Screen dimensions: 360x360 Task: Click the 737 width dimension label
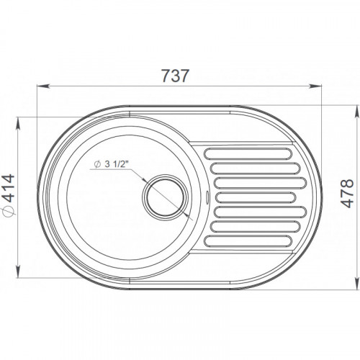tap(176, 76)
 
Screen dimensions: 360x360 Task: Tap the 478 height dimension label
tap(347, 193)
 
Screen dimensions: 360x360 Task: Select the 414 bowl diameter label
tap(9, 189)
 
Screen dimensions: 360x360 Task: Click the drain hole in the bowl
tap(164, 197)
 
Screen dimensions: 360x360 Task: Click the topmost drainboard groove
tap(248, 154)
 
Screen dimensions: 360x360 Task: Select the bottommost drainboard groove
tap(248, 241)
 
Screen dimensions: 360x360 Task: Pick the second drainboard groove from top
tap(256, 168)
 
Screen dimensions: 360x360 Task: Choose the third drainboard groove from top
tap(260, 183)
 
